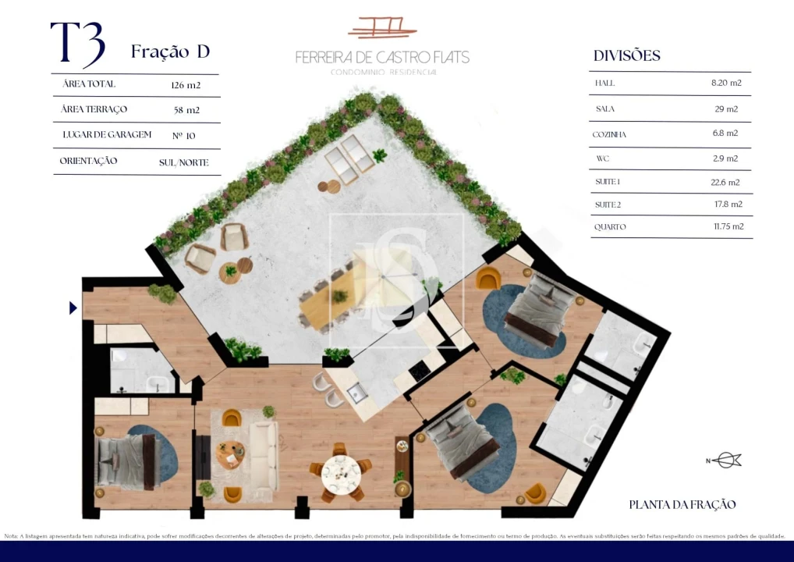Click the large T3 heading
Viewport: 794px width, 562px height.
(77, 45)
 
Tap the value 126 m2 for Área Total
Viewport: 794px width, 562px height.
(186, 84)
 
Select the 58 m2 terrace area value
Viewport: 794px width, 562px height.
(186, 110)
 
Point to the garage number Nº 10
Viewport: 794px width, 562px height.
(184, 135)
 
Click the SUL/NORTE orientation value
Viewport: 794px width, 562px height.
(184, 162)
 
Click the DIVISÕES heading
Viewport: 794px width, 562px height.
(626, 55)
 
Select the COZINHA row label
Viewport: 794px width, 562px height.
(609, 134)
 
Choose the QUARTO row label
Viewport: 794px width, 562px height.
(610, 227)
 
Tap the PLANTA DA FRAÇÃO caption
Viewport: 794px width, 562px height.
(682, 505)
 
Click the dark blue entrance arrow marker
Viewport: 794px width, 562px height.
(73, 308)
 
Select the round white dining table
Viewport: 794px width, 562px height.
(340, 471)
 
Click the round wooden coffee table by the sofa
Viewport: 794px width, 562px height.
(229, 454)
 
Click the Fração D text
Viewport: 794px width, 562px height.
(170, 52)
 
